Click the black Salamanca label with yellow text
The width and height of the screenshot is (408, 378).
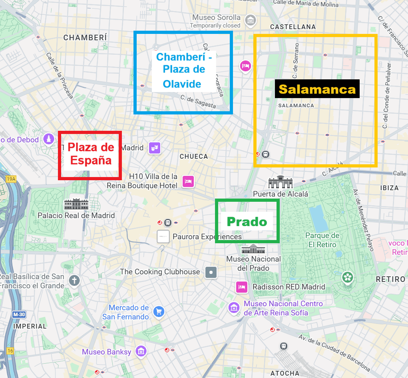click(x=317, y=89)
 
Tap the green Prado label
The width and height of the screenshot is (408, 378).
click(x=247, y=222)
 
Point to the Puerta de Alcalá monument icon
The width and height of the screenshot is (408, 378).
click(x=280, y=182)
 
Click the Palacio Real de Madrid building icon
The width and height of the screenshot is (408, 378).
click(x=76, y=204)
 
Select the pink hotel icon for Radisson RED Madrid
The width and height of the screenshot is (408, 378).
click(x=241, y=287)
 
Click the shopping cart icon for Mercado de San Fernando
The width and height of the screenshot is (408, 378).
click(x=159, y=311)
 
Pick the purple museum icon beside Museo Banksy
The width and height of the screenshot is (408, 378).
click(x=141, y=352)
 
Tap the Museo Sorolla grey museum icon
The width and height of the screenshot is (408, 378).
click(x=250, y=20)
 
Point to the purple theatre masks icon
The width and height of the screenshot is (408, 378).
click(x=154, y=148)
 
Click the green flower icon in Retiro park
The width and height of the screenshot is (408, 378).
click(x=348, y=278)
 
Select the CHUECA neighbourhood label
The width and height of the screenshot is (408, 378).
click(x=194, y=157)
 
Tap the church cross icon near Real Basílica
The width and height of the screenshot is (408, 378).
click(x=74, y=280)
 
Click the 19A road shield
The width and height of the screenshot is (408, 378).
click(x=11, y=179)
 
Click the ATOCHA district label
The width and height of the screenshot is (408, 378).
click(x=285, y=373)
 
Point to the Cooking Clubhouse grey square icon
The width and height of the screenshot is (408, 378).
click(x=211, y=272)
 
